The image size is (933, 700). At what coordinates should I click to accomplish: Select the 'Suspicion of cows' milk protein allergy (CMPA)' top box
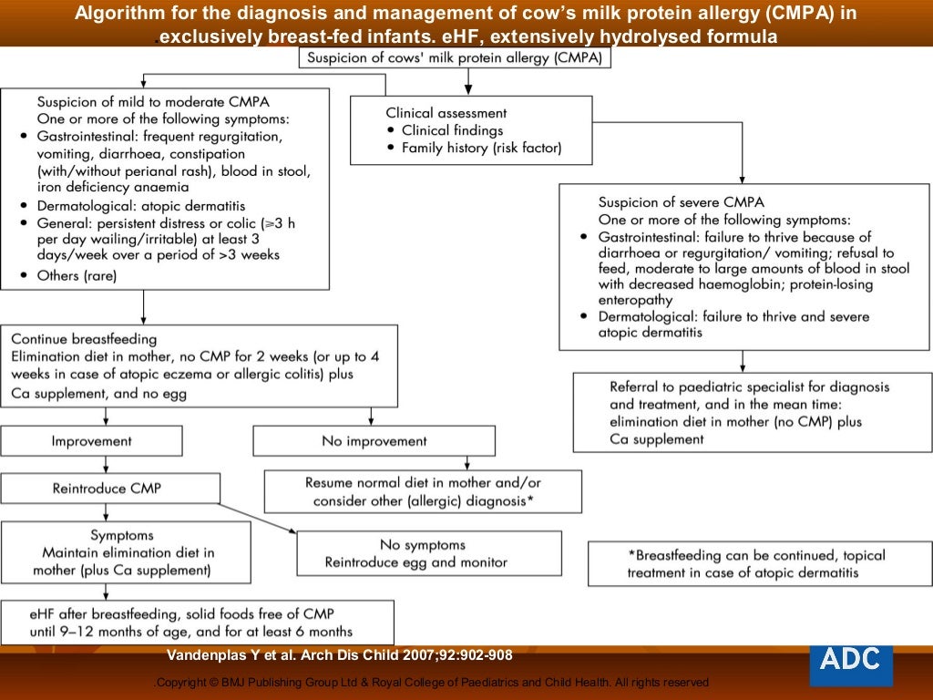click(x=456, y=58)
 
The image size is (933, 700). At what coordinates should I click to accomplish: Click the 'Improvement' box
click(x=91, y=441)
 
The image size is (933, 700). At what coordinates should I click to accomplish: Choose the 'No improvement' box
click(x=374, y=441)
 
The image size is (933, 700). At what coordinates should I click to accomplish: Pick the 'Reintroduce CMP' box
click(x=109, y=489)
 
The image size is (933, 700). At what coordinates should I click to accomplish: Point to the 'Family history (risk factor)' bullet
click(x=481, y=148)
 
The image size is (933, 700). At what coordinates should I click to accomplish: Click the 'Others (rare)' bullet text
click(x=77, y=275)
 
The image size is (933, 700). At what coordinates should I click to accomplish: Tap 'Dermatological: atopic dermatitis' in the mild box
click(x=141, y=206)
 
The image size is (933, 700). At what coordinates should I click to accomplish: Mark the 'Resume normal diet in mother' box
click(x=422, y=492)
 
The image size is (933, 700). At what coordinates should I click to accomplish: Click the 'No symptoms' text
click(x=422, y=545)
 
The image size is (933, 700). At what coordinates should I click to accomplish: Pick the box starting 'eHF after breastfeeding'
click(x=197, y=623)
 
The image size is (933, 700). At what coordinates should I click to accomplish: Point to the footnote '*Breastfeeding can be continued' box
click(x=756, y=564)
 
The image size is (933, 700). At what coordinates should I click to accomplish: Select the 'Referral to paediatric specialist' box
click(x=753, y=412)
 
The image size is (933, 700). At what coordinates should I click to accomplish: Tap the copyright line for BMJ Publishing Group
click(x=433, y=683)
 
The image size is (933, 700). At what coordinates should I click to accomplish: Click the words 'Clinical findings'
click(x=454, y=130)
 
